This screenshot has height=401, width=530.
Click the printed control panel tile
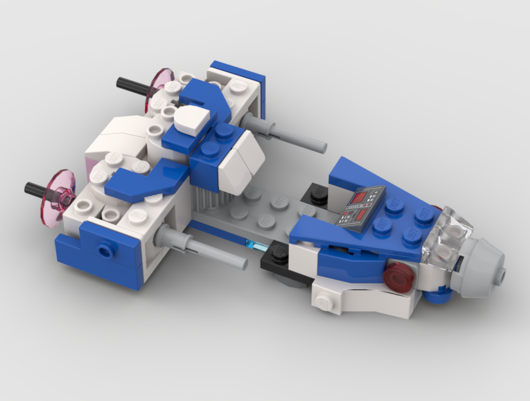(361, 207)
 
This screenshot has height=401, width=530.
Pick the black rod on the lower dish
(36, 189)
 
